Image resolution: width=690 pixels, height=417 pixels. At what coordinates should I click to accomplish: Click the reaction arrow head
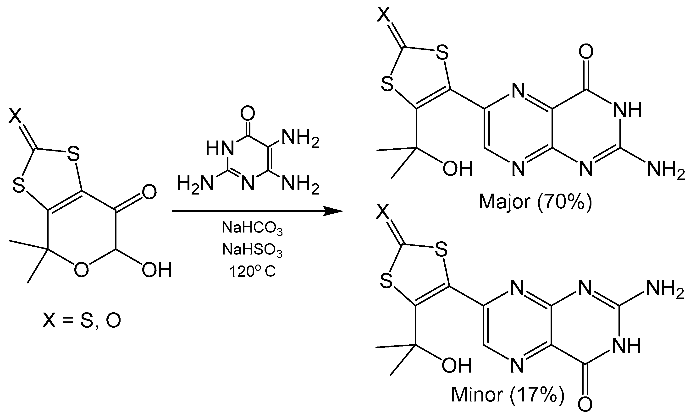point(333,211)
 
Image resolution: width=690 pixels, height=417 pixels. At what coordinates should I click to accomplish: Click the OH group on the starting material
point(157,270)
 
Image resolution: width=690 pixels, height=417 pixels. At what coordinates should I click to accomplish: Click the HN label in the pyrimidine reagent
point(220,148)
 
